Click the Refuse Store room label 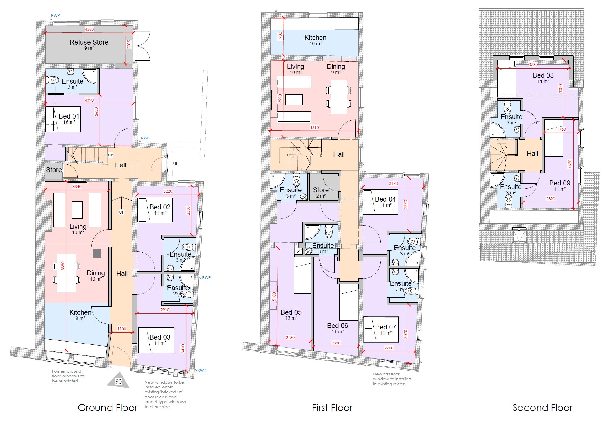tap(89, 42)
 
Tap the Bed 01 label tap(69, 116)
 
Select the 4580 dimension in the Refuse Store tap(89, 29)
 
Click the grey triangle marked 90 tap(118, 380)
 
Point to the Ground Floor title tap(108, 408)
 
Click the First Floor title tap(332, 408)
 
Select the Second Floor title tap(542, 408)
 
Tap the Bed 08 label tap(543, 75)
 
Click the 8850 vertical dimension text tap(63, 266)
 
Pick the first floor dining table tap(339, 97)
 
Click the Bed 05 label tap(291, 312)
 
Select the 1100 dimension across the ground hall tap(122, 329)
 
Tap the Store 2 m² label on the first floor tap(321, 192)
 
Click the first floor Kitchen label tap(315, 38)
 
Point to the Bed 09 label tap(560, 183)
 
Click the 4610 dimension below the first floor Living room tap(314, 128)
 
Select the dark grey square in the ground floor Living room tap(97, 253)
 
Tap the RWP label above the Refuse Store tap(55, 16)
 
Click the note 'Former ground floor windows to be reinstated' tap(68, 376)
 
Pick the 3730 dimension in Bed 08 tap(533, 65)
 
